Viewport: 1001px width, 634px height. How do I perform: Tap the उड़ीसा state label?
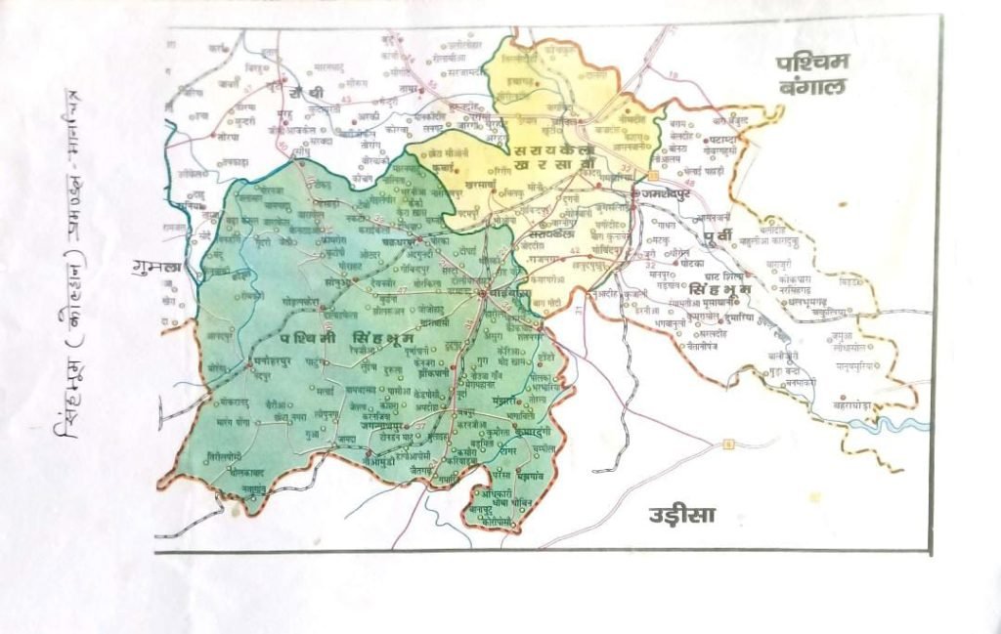coord(682,515)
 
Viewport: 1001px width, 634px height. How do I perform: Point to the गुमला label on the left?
coord(154,266)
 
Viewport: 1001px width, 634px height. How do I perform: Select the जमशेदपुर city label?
coord(668,194)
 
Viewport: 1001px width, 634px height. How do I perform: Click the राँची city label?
coord(305,91)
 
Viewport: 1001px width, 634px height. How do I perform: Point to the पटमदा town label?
coord(726,141)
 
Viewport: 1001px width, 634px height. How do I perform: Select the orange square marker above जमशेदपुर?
coord(652,175)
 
